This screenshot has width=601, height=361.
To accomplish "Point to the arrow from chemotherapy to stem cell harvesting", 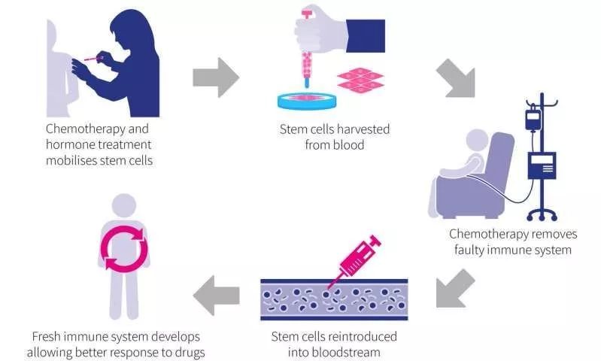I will click(215, 77).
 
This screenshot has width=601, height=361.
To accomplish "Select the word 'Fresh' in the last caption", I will click(48, 335).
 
